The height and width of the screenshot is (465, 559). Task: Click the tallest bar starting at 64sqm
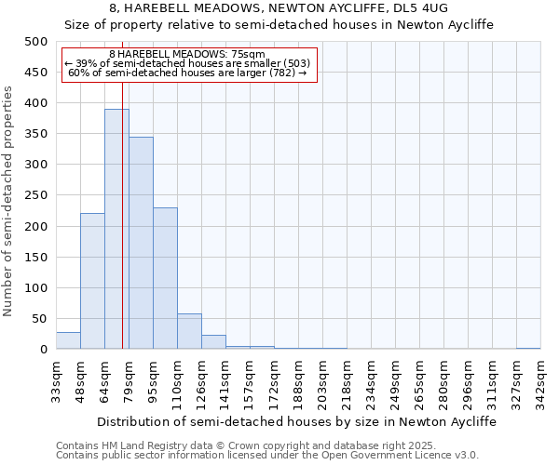tap(116, 229)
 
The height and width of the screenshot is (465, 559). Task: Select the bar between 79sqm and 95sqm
tap(141, 243)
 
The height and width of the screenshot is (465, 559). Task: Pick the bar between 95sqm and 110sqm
tap(165, 278)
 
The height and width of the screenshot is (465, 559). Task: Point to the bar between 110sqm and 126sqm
tap(189, 331)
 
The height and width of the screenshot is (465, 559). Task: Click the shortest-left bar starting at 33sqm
tap(68, 340)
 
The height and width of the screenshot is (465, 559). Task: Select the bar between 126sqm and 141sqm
tap(213, 342)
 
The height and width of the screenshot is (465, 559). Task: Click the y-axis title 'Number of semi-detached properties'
tap(8, 200)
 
